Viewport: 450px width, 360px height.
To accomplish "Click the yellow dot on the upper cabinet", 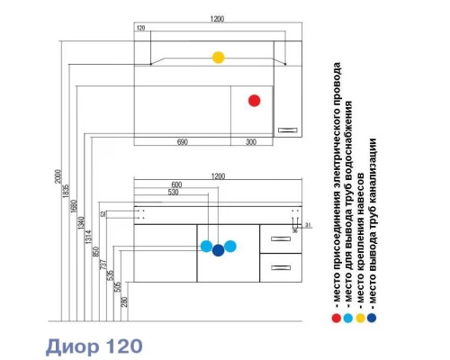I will (218, 58).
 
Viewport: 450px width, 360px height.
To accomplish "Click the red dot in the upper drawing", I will (254, 101).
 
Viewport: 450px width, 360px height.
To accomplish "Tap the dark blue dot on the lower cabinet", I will (218, 251).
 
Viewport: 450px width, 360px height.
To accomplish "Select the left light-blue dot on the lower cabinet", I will (206, 246).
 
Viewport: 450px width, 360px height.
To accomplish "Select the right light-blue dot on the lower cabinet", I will (229, 246).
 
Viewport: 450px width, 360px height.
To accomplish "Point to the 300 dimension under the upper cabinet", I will (250, 141).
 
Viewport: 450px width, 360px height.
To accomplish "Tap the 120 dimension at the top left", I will (140, 29).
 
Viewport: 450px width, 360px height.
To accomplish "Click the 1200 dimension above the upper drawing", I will (218, 19).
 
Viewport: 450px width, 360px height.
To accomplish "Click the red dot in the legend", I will (336, 317).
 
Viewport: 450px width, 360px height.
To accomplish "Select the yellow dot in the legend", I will (360, 317).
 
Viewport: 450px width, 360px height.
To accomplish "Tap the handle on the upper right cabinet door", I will (288, 130).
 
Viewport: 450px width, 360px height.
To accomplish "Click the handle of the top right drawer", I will (279, 239).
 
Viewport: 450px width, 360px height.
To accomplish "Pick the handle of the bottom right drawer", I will (279, 267).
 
